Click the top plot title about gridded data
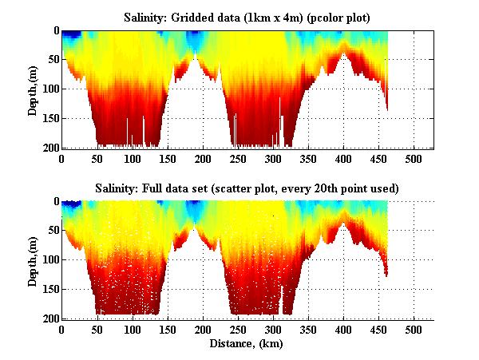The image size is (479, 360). coord(247,17)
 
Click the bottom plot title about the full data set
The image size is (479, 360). coord(247,188)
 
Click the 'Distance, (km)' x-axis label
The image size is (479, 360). coord(247,345)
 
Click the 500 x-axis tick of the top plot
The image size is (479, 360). coord(414,159)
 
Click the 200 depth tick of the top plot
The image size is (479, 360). coord(49,148)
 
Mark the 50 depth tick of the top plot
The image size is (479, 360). coord(52,60)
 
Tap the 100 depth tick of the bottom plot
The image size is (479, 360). coord(49,260)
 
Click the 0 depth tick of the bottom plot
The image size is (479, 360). coord(55,202)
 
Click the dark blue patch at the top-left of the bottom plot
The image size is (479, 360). coord(73,206)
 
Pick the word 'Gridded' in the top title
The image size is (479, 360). coord(200,17)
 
